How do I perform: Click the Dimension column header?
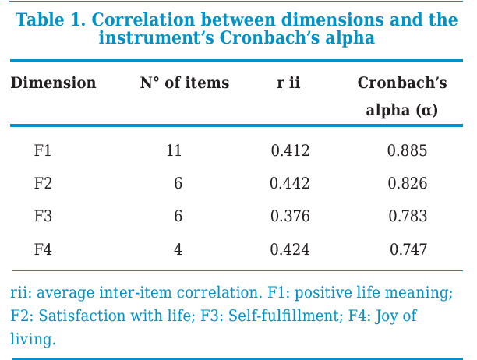[53, 83]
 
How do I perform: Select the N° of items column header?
[185, 83]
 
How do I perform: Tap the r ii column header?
[288, 83]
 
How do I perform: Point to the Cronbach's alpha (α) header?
[402, 96]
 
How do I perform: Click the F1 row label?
[43, 150]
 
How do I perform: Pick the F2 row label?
[43, 183]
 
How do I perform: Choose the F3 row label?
[43, 216]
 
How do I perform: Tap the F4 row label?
[43, 249]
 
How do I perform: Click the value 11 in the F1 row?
[174, 150]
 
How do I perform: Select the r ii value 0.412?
[290, 150]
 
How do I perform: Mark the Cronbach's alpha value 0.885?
[408, 150]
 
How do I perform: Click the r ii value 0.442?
[290, 183]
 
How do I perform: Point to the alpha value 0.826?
[408, 183]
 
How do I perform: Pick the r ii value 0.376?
[290, 216]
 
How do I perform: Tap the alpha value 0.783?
[408, 216]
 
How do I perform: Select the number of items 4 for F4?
[178, 249]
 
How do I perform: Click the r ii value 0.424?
[290, 249]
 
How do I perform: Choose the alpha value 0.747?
[408, 249]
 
